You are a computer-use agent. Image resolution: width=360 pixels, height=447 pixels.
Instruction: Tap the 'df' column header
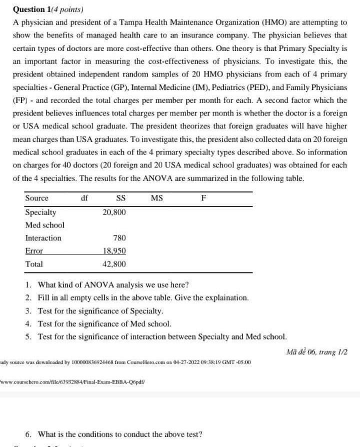click(x=84, y=198)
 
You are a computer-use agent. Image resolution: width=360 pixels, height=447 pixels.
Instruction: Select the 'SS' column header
click(x=120, y=198)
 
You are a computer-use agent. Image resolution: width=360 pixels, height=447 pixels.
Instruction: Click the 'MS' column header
click(x=156, y=198)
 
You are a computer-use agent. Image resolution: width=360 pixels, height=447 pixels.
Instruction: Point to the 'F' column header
click(x=203, y=198)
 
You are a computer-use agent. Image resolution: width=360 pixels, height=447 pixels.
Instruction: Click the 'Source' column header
click(x=37, y=198)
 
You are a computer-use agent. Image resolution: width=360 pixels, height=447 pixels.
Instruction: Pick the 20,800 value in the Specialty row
click(x=114, y=212)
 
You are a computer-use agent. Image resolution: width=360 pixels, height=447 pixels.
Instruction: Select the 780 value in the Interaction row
click(x=119, y=238)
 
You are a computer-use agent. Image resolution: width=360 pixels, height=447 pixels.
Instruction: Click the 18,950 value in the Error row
click(x=114, y=251)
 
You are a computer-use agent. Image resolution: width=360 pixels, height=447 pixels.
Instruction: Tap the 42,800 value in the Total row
click(x=114, y=264)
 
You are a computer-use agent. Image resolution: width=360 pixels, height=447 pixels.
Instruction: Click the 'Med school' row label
click(x=44, y=225)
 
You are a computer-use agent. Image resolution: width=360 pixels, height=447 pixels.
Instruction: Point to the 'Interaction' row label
click(x=43, y=238)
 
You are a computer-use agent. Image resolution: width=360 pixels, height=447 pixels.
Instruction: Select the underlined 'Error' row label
click(x=34, y=251)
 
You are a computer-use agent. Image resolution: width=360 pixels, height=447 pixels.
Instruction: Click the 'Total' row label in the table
click(x=34, y=264)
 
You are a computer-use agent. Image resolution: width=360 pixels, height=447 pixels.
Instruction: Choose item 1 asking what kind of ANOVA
click(x=107, y=285)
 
